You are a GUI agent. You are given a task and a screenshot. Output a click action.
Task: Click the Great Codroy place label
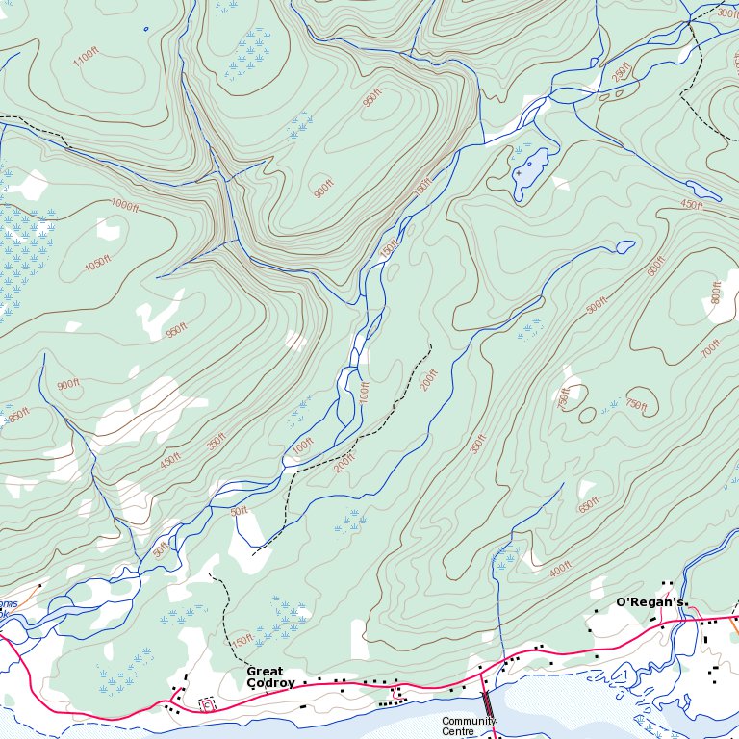tap(265, 677)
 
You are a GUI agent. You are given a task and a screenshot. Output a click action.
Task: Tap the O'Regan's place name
tap(650, 602)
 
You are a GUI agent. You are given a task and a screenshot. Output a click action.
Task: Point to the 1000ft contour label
tap(124, 205)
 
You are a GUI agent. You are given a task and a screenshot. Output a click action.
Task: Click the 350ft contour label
tap(217, 442)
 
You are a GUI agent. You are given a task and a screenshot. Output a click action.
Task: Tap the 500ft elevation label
tap(597, 304)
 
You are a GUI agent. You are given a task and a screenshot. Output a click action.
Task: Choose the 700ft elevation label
tap(711, 346)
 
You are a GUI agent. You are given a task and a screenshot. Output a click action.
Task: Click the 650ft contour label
tap(589, 504)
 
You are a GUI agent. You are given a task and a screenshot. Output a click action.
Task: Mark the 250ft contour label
tap(621, 71)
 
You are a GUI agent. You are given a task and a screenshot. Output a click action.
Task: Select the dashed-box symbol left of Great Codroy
tap(207, 704)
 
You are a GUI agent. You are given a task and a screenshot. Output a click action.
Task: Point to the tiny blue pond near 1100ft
tap(146, 28)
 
